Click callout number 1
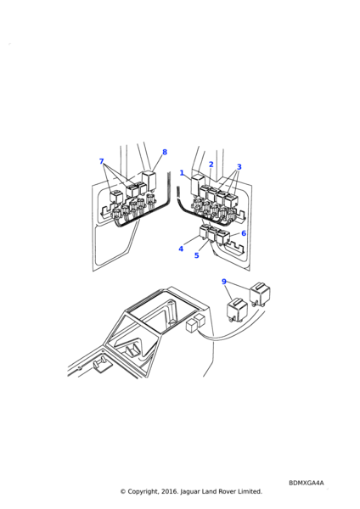coord(182,173)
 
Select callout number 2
coord(211,165)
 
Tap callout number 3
coord(239,167)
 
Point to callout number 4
coord(181,249)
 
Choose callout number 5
coord(197,255)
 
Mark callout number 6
coord(244,233)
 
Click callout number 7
coord(101,161)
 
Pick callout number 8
coord(165,152)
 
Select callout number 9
coord(224,282)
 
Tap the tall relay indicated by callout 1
coord(197,184)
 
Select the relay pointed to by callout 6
coord(223,237)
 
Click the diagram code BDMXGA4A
coord(307,483)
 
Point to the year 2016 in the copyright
coord(171,491)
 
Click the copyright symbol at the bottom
coord(123,491)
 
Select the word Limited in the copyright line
coord(250,491)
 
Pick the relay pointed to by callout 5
coord(213,234)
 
